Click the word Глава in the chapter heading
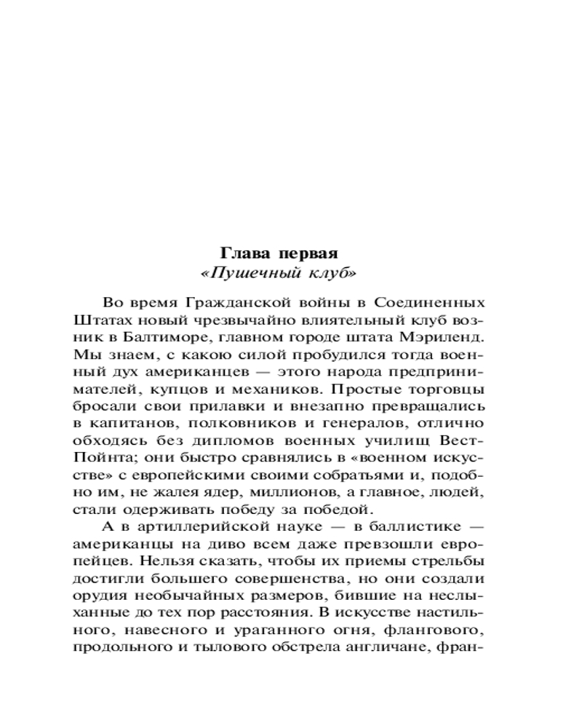coord(242,253)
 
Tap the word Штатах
coord(98,320)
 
